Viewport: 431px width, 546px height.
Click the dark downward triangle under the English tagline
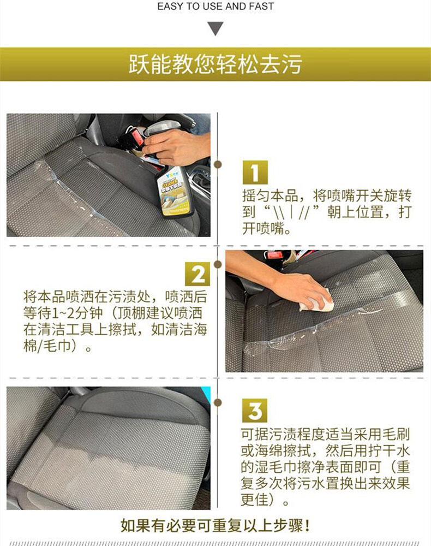point(215,28)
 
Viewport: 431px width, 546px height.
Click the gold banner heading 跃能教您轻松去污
point(215,64)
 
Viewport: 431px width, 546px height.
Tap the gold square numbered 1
point(255,172)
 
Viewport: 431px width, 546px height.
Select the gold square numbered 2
point(197,274)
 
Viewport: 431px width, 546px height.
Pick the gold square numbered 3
point(255,411)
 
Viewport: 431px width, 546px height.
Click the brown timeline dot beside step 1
point(218,164)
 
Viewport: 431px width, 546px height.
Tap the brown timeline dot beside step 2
point(218,265)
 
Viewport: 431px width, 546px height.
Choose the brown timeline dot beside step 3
point(218,402)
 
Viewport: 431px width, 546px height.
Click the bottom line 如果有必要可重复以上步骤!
point(215,525)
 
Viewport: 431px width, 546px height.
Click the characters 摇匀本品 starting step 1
point(270,195)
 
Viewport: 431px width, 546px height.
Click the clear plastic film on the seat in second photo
point(313,321)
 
